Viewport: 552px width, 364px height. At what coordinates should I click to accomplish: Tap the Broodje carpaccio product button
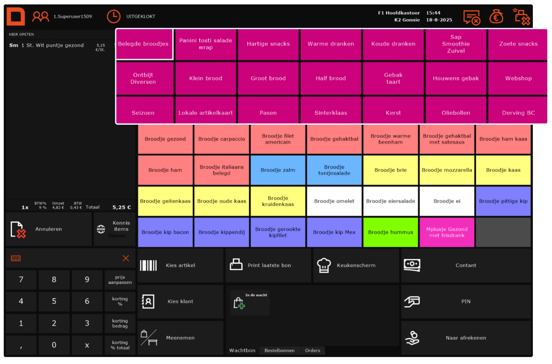coord(222,139)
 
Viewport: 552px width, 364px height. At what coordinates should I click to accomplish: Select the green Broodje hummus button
coord(390,232)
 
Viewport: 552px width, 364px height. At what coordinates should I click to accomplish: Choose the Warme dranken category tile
coord(331,44)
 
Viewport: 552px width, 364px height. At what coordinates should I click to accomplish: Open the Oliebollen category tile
coord(456,113)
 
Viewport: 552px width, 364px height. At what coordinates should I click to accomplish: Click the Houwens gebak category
coord(456,78)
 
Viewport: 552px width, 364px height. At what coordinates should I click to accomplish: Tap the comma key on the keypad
coord(21,345)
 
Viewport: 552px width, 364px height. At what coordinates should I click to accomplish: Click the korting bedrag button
coord(120,324)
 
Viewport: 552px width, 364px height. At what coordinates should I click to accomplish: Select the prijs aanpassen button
coord(120,280)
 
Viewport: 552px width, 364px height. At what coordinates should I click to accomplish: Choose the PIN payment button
coord(466,301)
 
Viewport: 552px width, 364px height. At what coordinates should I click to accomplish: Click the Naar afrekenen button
coord(466,338)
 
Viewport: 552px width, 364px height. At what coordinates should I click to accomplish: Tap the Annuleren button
coord(49,229)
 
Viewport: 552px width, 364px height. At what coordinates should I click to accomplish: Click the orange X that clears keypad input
coord(126,258)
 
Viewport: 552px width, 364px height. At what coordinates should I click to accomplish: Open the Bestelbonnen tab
coord(279,350)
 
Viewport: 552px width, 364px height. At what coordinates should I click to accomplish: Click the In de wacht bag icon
coord(239,303)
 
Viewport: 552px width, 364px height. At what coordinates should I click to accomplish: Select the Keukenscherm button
coord(356,265)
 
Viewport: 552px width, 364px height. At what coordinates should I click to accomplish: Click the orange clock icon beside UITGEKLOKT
coord(114,17)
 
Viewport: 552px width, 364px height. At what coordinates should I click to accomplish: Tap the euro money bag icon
coord(496,17)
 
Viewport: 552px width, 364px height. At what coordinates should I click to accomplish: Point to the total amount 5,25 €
coord(121,207)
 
